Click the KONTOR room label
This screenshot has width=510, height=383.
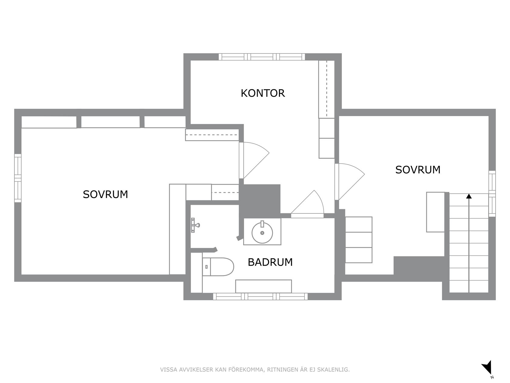[x=263, y=93]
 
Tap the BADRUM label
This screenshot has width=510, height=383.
[x=270, y=262]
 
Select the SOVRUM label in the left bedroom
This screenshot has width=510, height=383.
[x=105, y=195]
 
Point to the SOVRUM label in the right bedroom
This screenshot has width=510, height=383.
[x=418, y=170]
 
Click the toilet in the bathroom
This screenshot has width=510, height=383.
[x=218, y=267]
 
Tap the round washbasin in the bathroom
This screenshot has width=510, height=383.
[x=262, y=233]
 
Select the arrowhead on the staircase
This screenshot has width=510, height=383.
[x=469, y=196]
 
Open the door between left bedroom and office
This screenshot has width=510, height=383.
[x=254, y=160]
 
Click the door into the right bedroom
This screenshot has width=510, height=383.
[x=350, y=181]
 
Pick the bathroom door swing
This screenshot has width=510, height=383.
[x=308, y=204]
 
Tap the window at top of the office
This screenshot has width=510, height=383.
[x=262, y=57]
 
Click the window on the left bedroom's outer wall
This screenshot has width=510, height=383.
[x=18, y=178]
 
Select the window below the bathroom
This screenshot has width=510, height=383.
[x=260, y=296]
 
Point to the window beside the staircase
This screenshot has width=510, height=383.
[x=492, y=194]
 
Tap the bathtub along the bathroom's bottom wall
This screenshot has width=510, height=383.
[x=263, y=286]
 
